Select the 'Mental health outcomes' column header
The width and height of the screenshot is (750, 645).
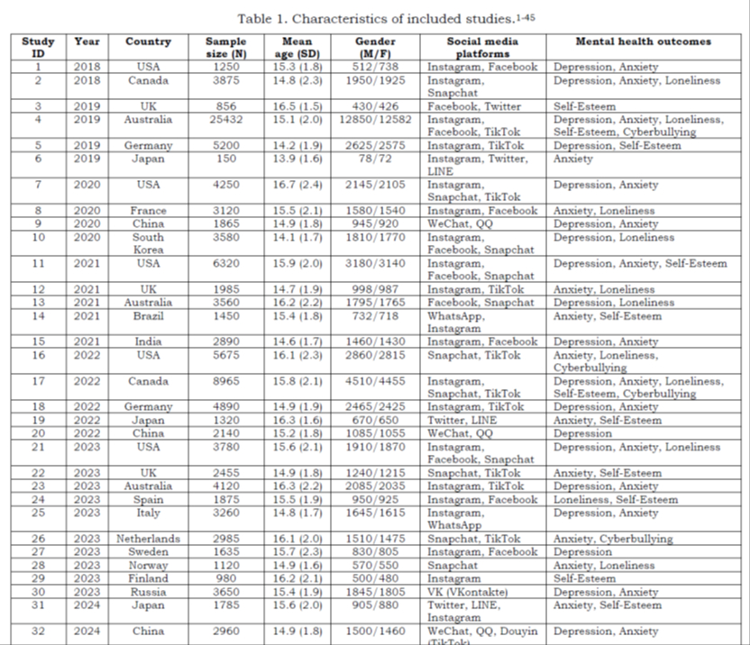[643, 41]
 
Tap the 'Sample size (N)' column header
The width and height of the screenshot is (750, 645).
[225, 47]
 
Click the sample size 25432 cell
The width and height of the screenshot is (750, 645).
[225, 120]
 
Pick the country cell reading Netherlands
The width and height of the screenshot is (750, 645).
[148, 539]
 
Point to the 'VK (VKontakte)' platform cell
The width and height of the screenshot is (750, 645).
[470, 591]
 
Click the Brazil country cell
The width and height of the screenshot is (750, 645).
[148, 316]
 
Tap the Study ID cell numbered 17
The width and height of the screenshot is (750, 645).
[38, 381]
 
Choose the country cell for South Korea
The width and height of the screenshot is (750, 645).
[148, 243]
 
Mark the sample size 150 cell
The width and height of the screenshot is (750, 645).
[225, 159]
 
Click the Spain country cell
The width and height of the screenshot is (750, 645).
[148, 500]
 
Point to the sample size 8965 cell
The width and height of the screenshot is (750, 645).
[225, 381]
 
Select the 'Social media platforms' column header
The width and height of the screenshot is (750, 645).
[481, 47]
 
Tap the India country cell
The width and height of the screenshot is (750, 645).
[148, 342]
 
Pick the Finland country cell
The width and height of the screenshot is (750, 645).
[148, 578]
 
